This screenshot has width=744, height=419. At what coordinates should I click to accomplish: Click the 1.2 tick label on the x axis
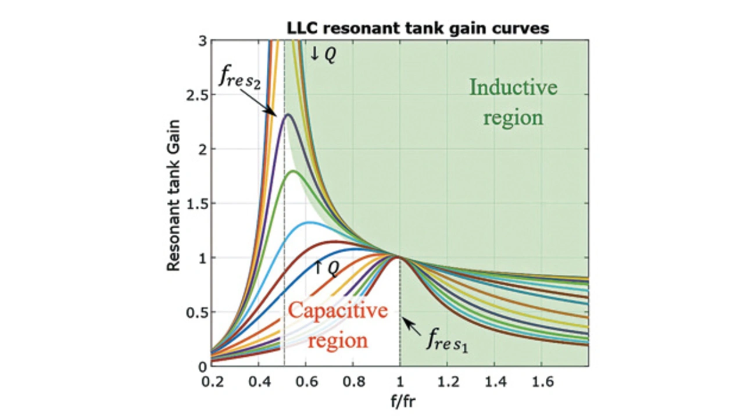coord(447,381)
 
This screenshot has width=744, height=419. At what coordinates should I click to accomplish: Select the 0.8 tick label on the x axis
coord(353,381)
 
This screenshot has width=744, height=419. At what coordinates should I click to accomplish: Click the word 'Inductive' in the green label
coord(513,88)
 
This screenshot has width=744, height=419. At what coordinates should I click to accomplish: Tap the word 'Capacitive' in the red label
coord(338,310)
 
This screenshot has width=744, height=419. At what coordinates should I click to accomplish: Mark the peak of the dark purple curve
coord(288,114)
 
